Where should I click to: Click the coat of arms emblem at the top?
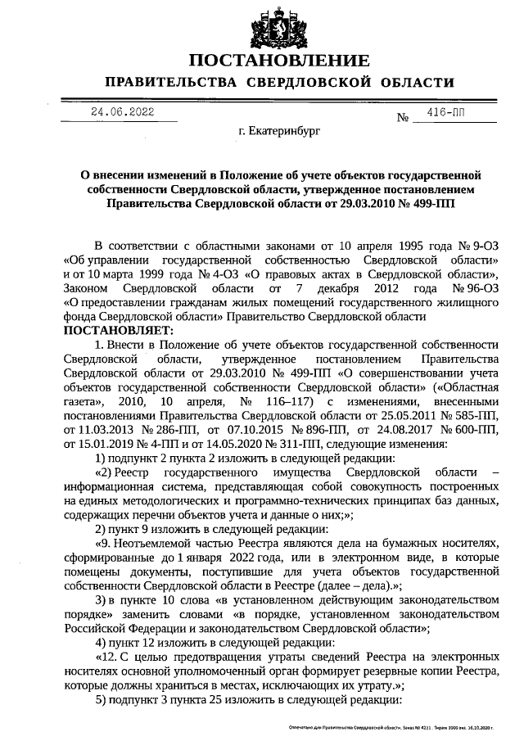pyautogui.click(x=279, y=24)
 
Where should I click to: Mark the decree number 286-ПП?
pyautogui.click(x=164, y=430)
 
